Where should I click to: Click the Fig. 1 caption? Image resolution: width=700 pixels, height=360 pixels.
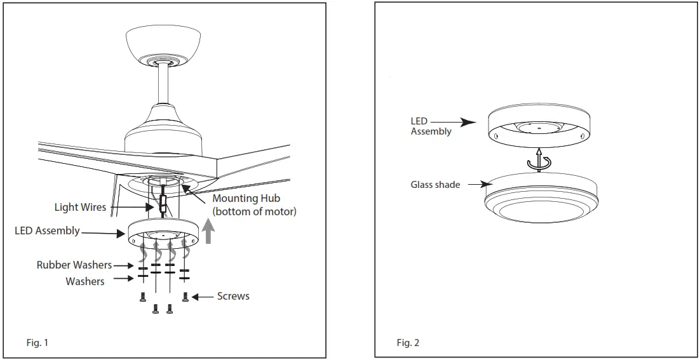tap(37, 343)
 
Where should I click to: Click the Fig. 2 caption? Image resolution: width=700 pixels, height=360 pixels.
tap(408, 343)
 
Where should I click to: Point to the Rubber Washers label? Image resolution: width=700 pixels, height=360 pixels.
tap(74, 265)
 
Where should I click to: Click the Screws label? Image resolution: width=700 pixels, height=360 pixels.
tap(233, 296)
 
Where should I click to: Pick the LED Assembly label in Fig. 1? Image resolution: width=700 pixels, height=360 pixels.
tap(47, 230)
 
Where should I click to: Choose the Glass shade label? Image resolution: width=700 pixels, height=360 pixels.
tap(435, 185)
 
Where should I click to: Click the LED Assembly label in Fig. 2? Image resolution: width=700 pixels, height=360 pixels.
tap(431, 126)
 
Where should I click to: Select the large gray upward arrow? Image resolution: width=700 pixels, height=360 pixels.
tap(208, 232)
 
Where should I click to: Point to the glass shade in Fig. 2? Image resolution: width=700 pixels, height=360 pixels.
tap(540, 200)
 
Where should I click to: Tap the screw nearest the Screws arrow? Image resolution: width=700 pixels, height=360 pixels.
tap(185, 297)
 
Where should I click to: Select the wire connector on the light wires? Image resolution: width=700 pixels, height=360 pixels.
tap(163, 205)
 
